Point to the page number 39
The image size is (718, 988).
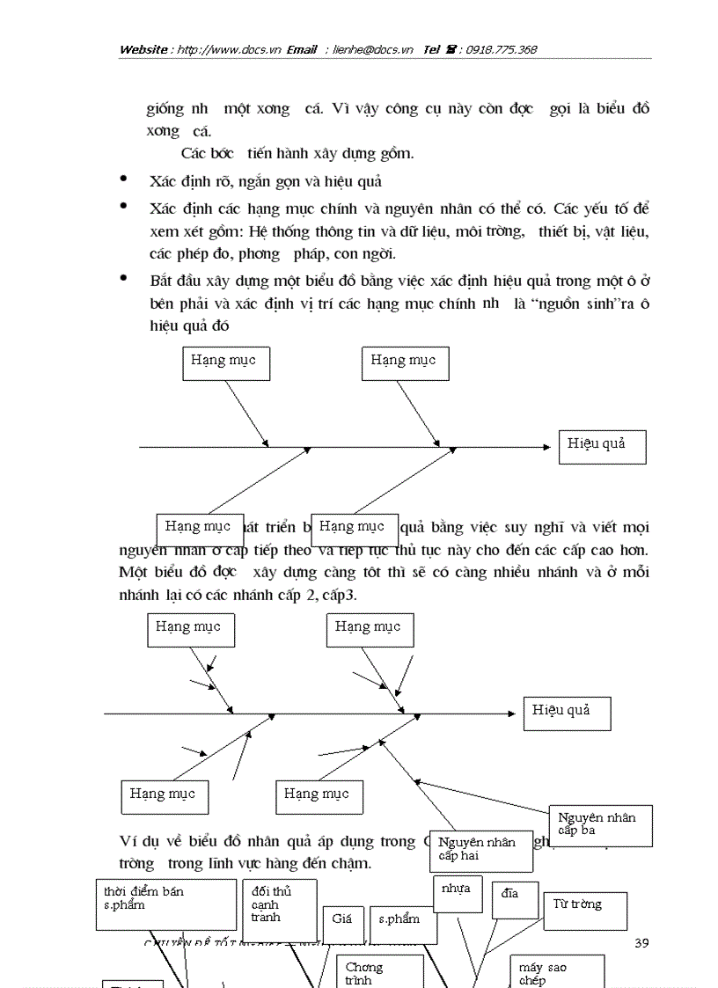[x=641, y=943]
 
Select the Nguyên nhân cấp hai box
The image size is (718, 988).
[x=480, y=850]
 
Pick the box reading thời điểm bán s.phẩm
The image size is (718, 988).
[x=165, y=904]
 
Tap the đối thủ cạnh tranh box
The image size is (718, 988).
[x=278, y=909]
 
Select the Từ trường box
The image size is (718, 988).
[x=584, y=911]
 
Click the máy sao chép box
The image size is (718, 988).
[x=556, y=972]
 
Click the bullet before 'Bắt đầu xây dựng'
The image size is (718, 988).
[x=123, y=279]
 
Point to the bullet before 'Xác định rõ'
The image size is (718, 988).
[x=123, y=179]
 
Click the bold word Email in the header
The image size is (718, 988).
[x=302, y=50]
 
